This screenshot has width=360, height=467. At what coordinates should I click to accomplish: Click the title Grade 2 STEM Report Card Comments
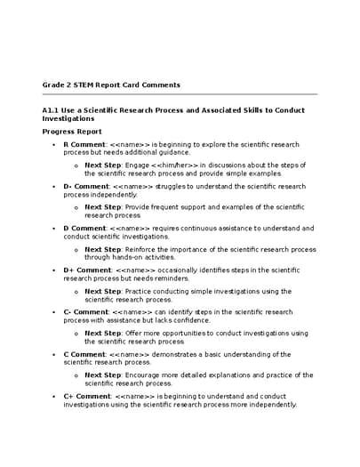coord(111,85)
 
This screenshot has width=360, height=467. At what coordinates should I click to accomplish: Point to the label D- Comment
coord(86,186)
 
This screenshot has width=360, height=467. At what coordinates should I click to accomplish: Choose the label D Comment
coord(84,228)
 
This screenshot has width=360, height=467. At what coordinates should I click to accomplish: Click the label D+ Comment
coord(87,270)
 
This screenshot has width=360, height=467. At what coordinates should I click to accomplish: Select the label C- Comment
coord(85,311)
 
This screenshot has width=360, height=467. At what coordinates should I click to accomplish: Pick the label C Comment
coord(84,354)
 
